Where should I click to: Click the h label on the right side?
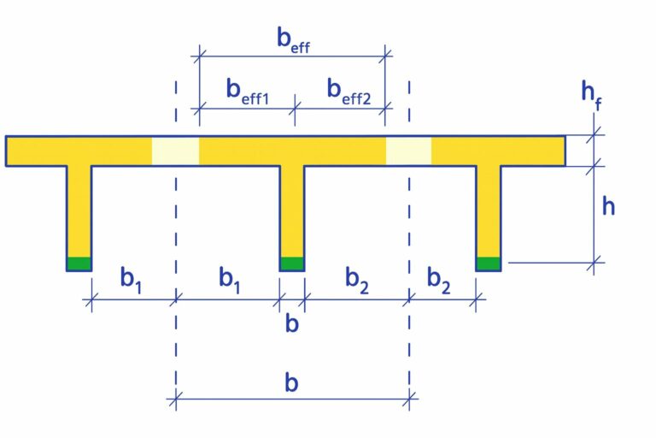(x=608, y=206)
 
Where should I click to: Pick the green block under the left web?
(x=79, y=263)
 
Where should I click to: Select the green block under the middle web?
(x=292, y=263)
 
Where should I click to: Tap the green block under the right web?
(x=489, y=263)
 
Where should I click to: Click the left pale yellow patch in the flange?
(x=175, y=151)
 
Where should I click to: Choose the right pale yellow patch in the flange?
(x=408, y=151)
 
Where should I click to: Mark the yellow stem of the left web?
(x=79, y=210)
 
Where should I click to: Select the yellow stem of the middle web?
(x=292, y=210)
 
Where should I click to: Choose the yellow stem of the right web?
(x=489, y=210)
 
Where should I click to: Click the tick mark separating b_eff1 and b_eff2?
(x=296, y=108)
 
